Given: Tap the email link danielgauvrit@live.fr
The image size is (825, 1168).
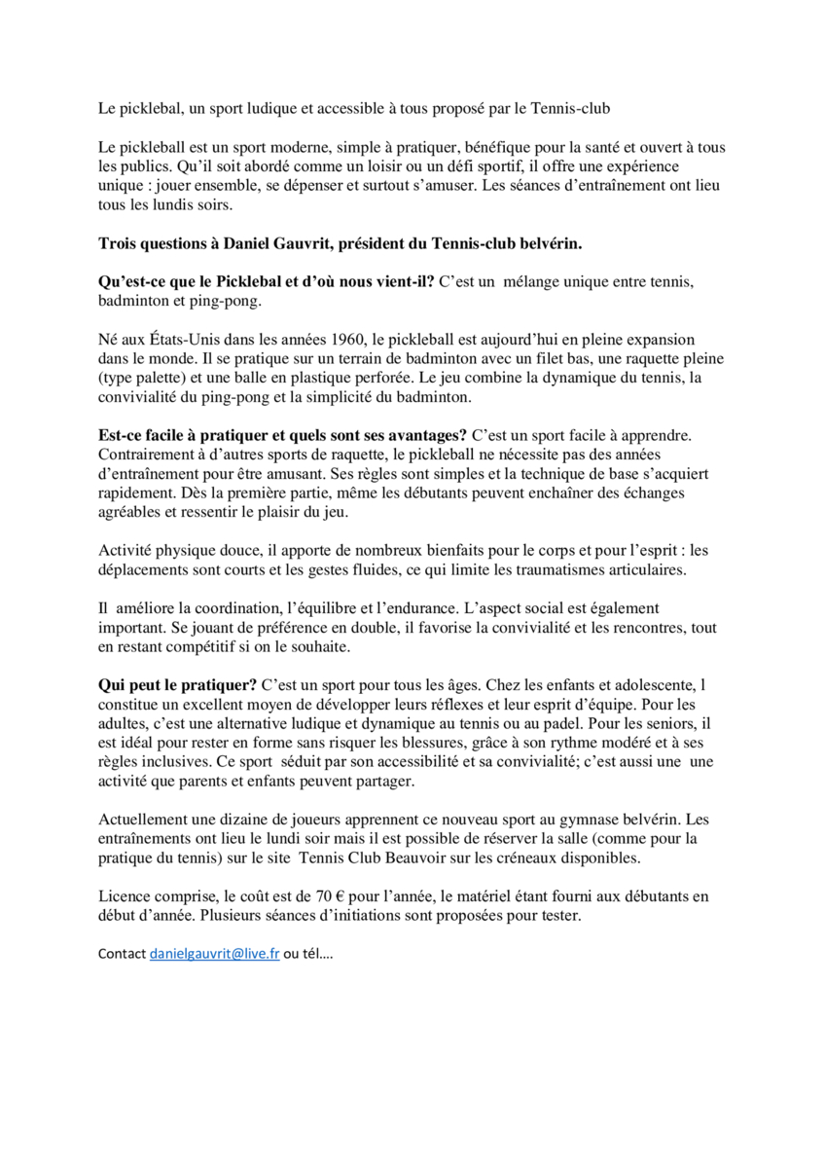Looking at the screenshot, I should (x=214, y=955).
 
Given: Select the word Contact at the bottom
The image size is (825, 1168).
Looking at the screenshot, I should (x=122, y=955).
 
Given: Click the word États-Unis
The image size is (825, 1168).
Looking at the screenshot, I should (x=159, y=340).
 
